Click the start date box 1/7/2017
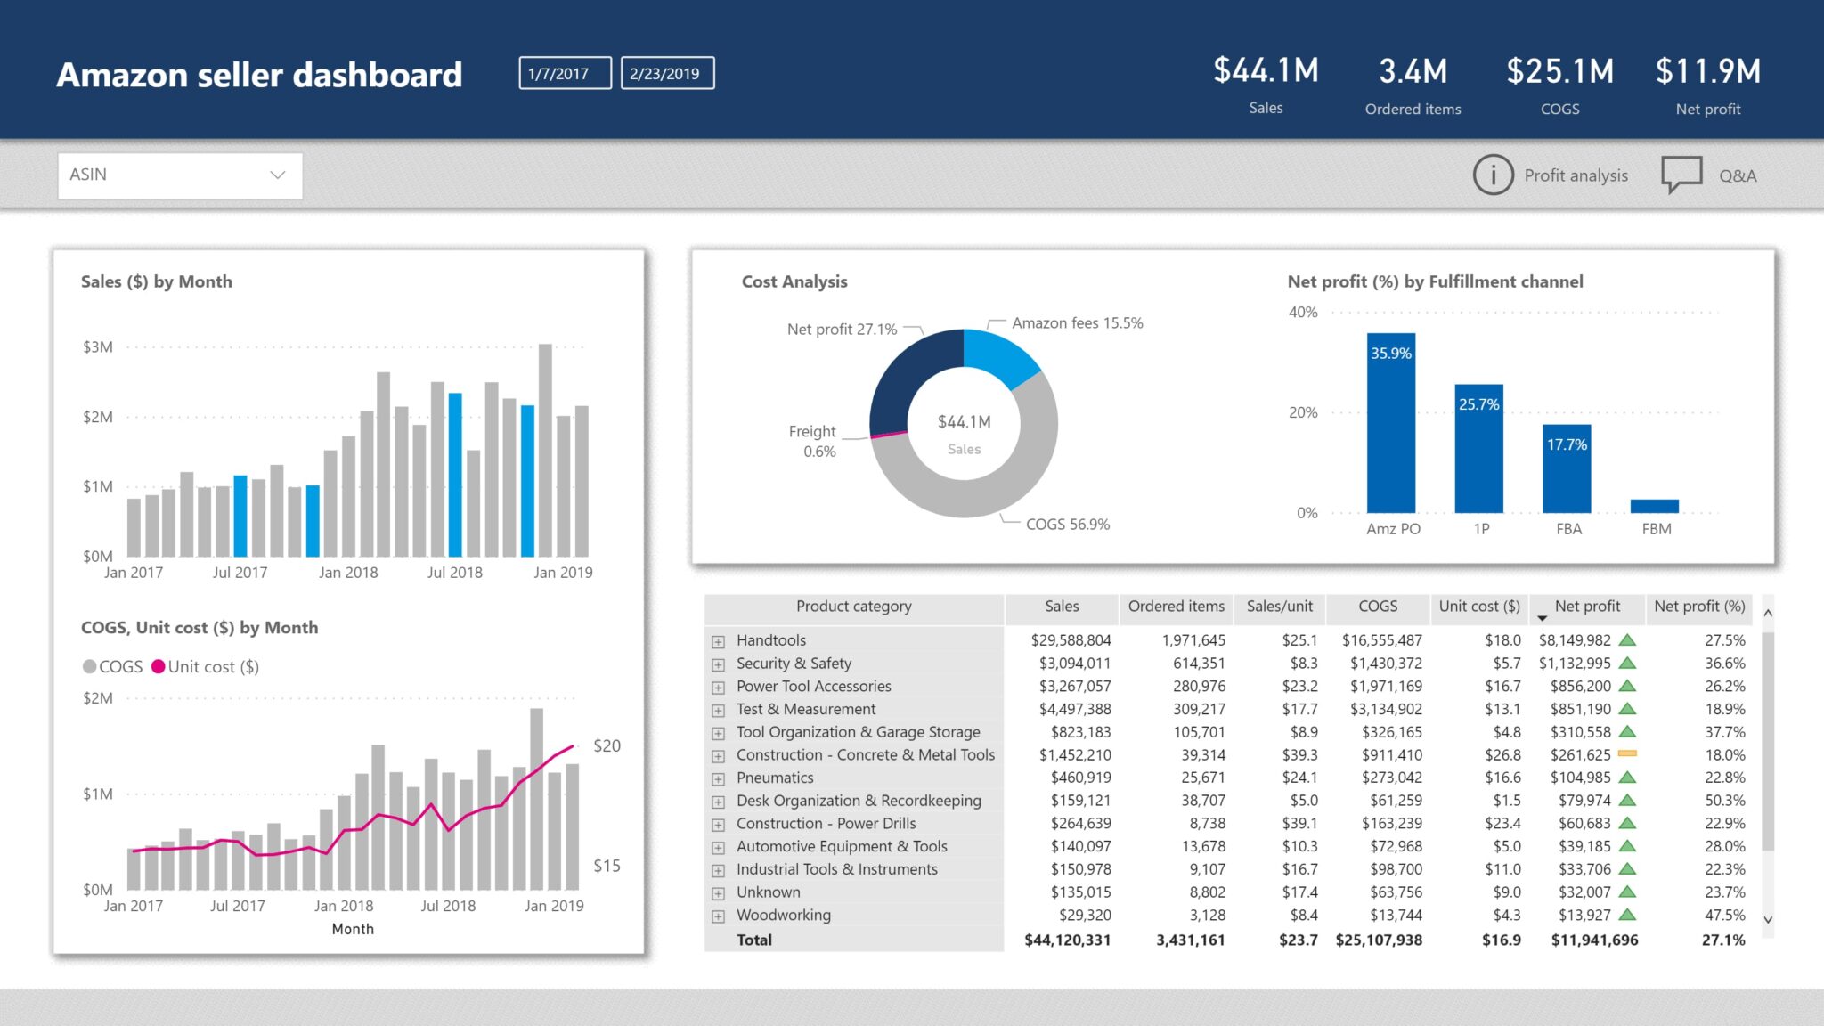pos(565,73)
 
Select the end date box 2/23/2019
pos(667,73)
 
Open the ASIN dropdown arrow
pos(278,175)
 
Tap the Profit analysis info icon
pos(1493,175)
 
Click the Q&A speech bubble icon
pos(1681,174)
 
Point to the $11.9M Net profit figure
pos(1707,71)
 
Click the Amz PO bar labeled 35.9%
pos(1390,423)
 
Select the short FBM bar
pos(1654,506)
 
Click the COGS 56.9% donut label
pos(1067,525)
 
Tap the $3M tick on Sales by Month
pos(98,347)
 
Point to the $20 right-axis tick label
pos(607,745)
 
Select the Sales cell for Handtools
pos(1070,640)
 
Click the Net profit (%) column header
pos(1698,607)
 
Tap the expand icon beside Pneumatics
pos(718,778)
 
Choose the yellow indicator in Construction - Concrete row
pos(1627,754)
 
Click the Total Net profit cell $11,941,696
pos(1593,940)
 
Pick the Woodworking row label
pos(783,915)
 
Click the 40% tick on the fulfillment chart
pos(1302,313)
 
